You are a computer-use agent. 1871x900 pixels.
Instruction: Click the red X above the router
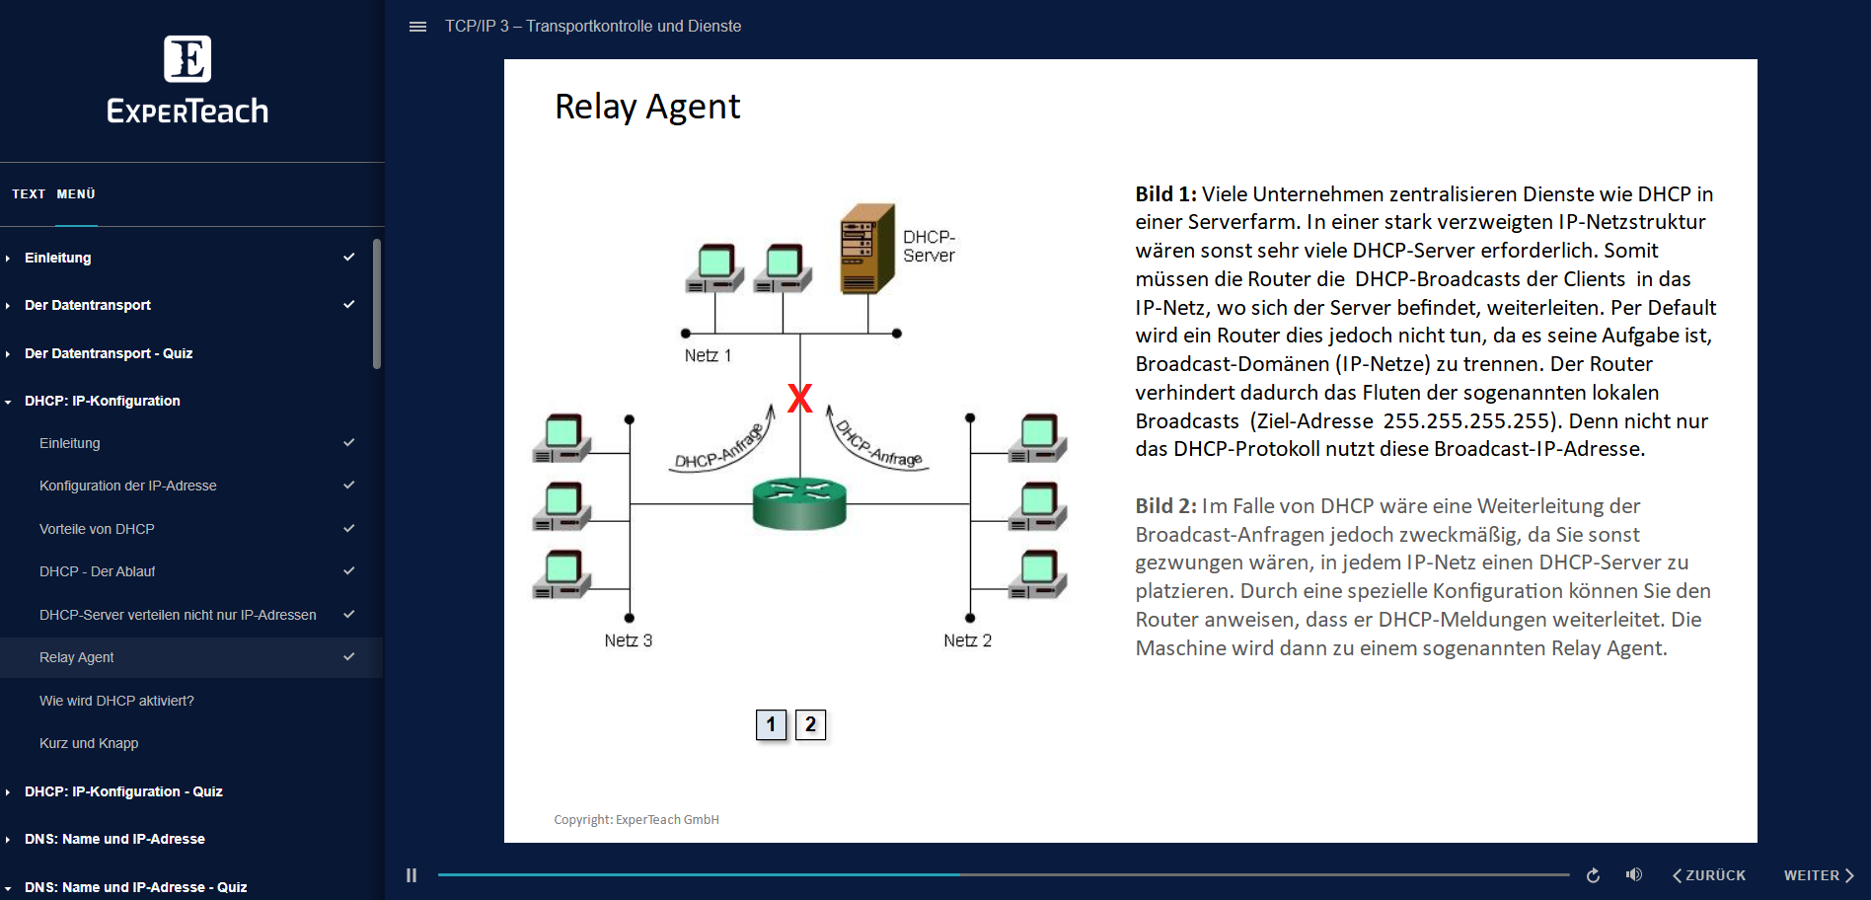(x=800, y=398)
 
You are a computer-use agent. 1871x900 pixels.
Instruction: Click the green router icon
(x=799, y=504)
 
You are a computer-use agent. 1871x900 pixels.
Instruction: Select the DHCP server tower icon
(x=866, y=249)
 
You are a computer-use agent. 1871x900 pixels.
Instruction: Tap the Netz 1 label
(x=708, y=355)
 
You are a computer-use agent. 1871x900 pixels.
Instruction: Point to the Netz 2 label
(x=967, y=640)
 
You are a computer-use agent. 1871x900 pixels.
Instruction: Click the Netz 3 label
(x=628, y=640)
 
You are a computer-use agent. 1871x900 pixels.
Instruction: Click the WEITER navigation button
(x=1818, y=875)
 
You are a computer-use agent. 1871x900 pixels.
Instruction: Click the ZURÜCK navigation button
(x=1709, y=875)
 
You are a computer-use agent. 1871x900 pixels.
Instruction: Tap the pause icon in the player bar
(x=412, y=875)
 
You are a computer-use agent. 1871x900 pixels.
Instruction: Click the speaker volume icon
(x=1634, y=875)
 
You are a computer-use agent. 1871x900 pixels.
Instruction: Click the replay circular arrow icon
(x=1593, y=875)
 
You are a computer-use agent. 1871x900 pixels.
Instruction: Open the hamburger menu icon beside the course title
(x=417, y=27)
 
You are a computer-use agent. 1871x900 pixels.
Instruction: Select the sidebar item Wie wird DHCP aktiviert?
(x=116, y=701)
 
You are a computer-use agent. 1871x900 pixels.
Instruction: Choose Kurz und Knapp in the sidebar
(x=89, y=743)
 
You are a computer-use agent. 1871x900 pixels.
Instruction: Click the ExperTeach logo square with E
(x=187, y=59)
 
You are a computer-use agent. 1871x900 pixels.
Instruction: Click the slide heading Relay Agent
(x=647, y=107)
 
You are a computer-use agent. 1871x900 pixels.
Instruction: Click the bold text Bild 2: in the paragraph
(x=1165, y=506)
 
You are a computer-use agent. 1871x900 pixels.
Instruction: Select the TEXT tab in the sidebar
(x=29, y=194)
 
